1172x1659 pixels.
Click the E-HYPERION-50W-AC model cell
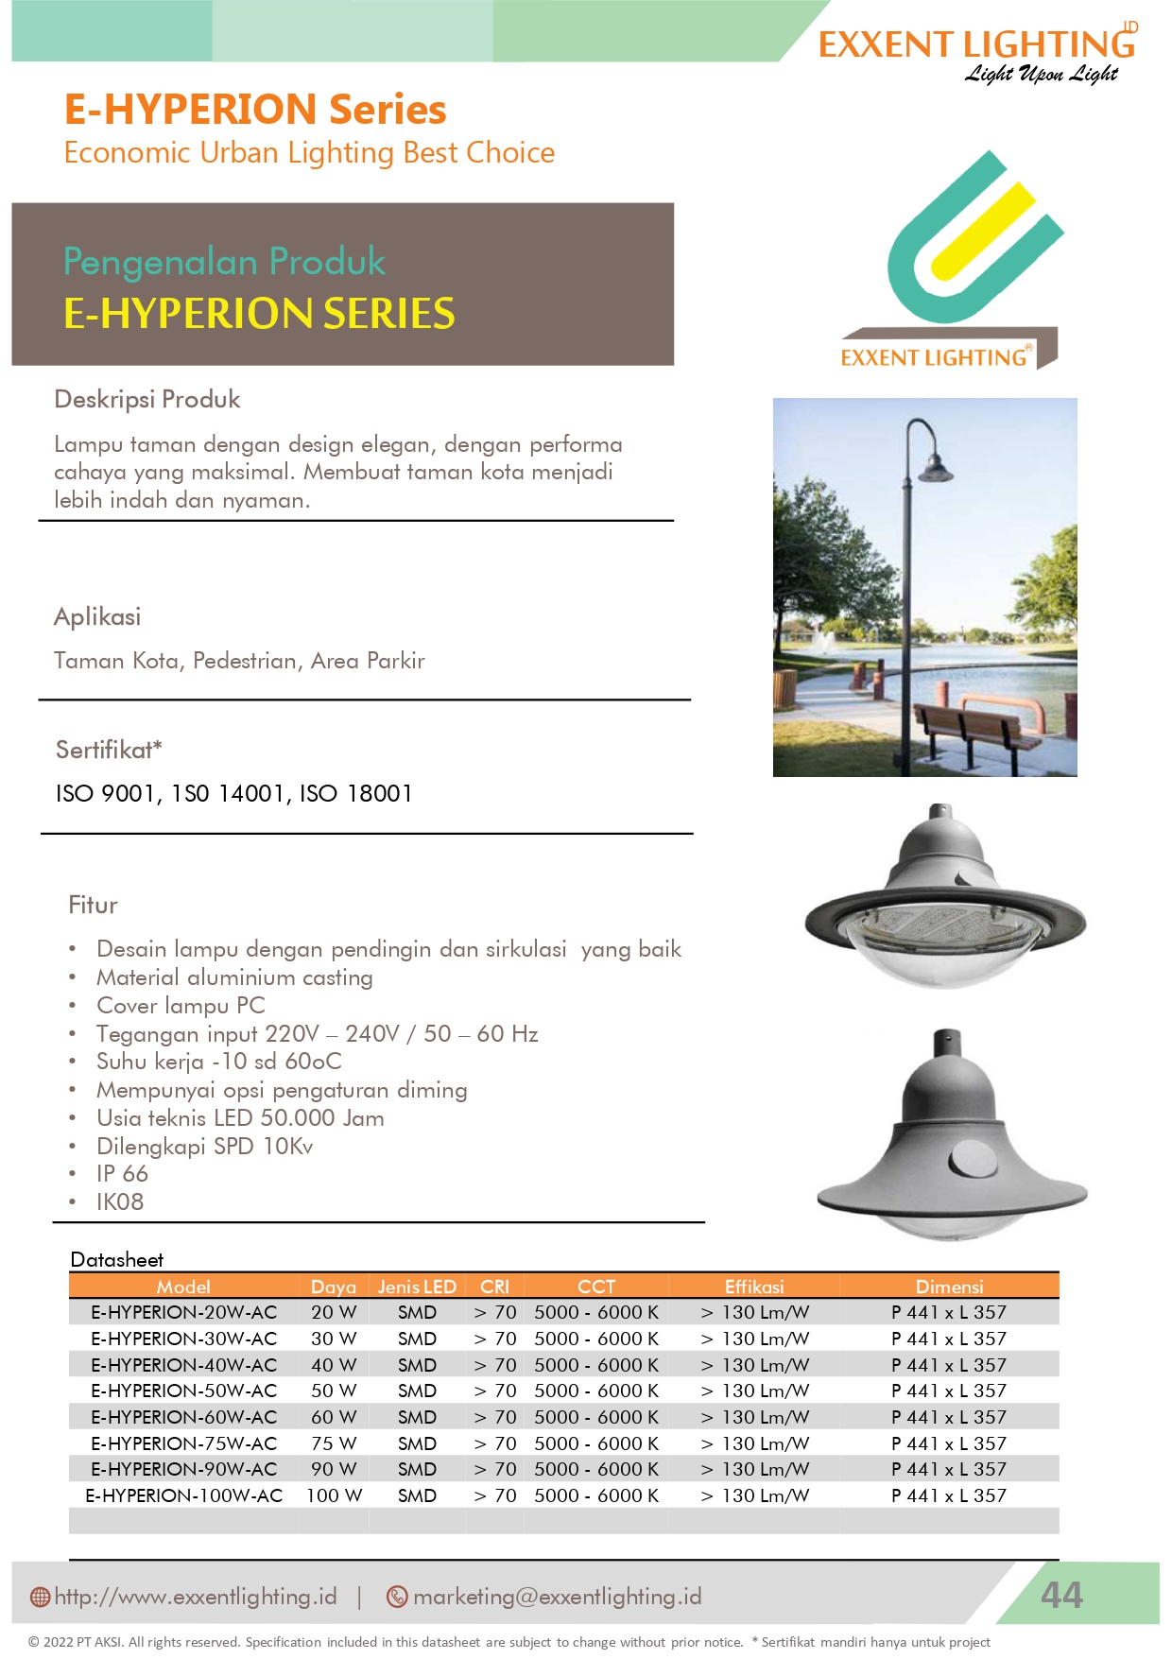(x=183, y=1391)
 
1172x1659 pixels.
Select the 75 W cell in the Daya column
(x=334, y=1443)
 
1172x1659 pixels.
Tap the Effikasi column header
(x=754, y=1287)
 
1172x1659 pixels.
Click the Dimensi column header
(x=949, y=1287)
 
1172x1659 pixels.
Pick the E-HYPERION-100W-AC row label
(x=183, y=1495)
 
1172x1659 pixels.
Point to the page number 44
(x=1061, y=1596)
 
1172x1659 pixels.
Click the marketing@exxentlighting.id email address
(x=557, y=1597)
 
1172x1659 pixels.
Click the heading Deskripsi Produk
(x=147, y=399)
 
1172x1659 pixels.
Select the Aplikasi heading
(x=97, y=616)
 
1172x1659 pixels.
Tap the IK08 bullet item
(x=120, y=1201)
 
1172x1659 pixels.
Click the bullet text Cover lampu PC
(x=181, y=1005)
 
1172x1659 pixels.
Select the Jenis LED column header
(x=417, y=1287)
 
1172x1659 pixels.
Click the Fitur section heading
(x=93, y=905)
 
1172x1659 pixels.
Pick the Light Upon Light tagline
(x=1041, y=74)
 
